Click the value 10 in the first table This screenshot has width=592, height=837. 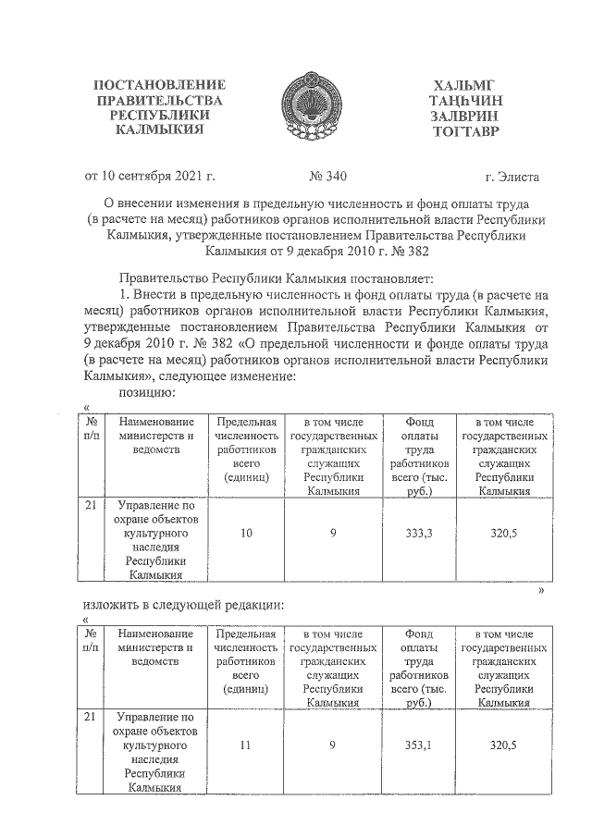click(246, 534)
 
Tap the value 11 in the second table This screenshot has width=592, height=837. click(246, 745)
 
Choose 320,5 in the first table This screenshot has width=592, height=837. click(503, 534)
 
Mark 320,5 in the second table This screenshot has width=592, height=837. click(503, 745)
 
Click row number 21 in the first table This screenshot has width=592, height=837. click(90, 505)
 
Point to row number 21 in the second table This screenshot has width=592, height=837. click(90, 717)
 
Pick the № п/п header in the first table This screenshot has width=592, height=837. click(91, 428)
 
